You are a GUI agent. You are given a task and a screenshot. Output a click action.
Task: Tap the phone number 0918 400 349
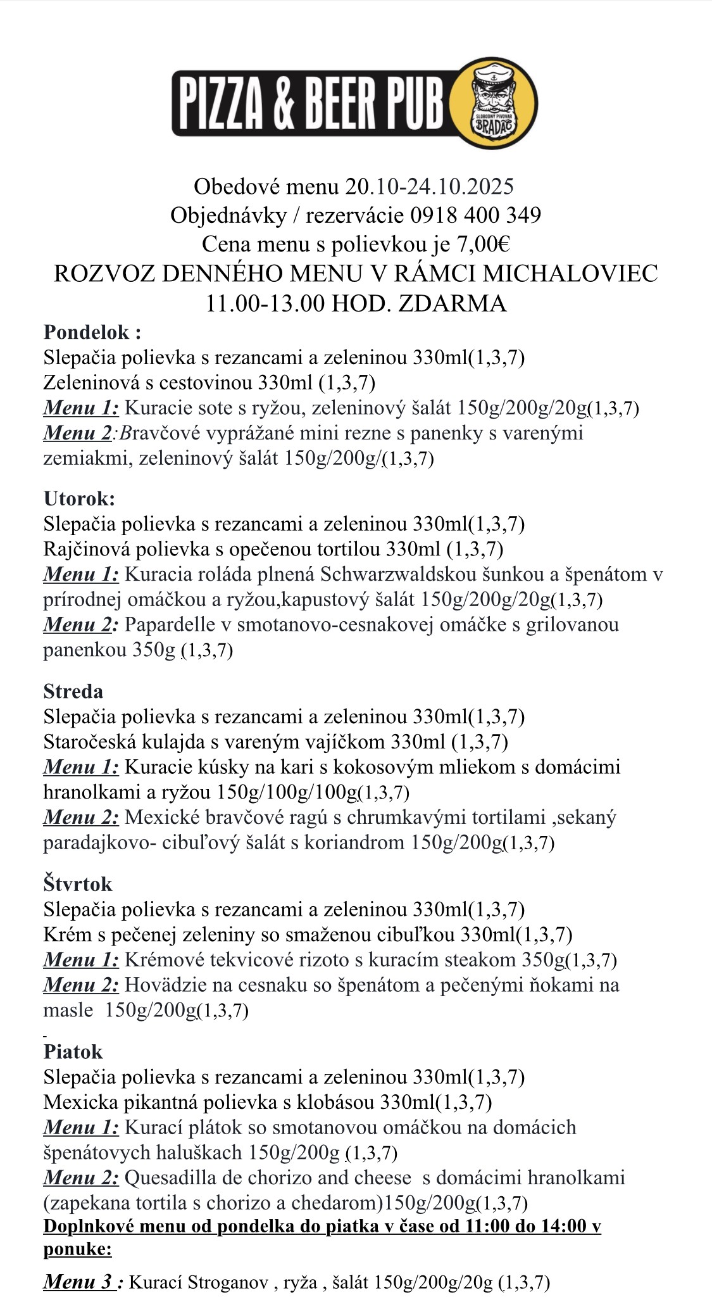[x=475, y=215]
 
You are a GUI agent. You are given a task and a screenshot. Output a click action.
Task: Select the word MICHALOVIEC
[x=570, y=274]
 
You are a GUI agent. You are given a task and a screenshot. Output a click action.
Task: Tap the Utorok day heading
[x=79, y=498]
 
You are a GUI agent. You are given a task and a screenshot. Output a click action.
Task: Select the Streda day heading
[x=73, y=691]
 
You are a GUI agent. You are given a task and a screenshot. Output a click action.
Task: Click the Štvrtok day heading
[x=78, y=883]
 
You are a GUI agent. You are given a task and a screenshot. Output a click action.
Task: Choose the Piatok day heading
[x=73, y=1051]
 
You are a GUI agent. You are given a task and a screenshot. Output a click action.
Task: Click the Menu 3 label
[x=79, y=1282]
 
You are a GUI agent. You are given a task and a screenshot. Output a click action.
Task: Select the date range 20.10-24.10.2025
[x=429, y=187]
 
